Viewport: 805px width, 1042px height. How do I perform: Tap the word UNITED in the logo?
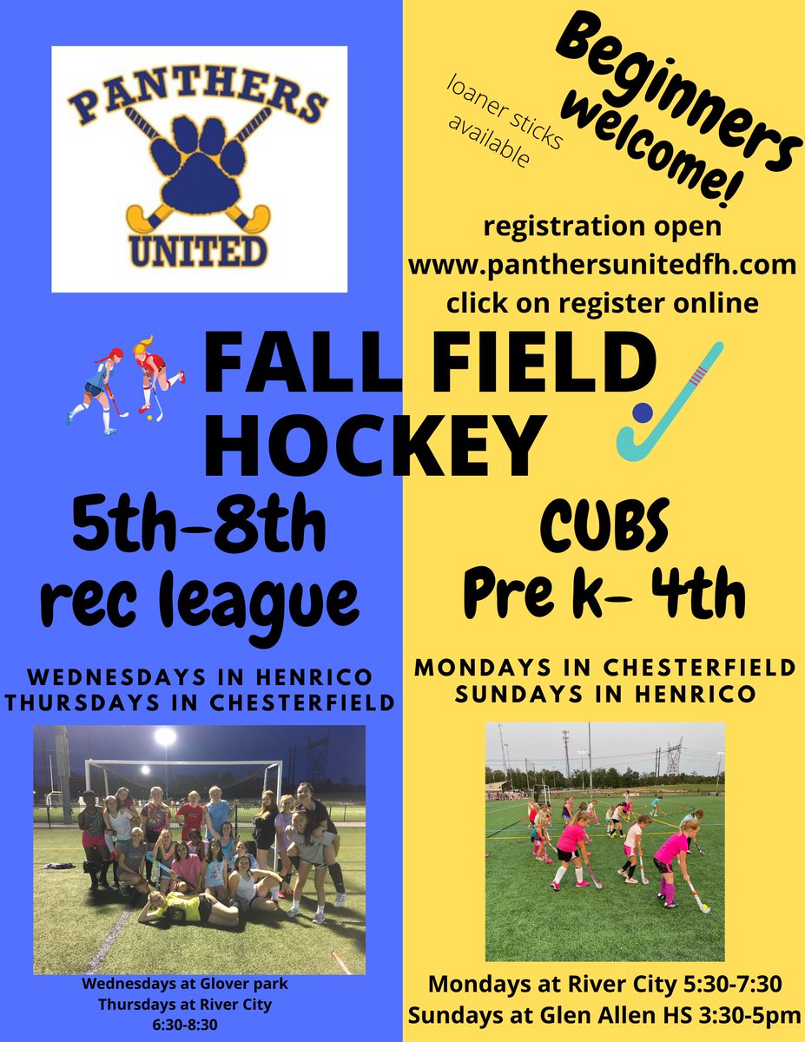pos(198,249)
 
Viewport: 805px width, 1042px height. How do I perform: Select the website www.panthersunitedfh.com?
pos(603,265)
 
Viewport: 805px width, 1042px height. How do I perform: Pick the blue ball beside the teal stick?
pos(643,412)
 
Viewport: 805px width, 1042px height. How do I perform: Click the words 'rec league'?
pos(199,595)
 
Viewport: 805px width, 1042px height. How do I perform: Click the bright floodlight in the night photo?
pos(165,736)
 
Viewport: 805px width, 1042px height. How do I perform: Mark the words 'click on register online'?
pos(603,304)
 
